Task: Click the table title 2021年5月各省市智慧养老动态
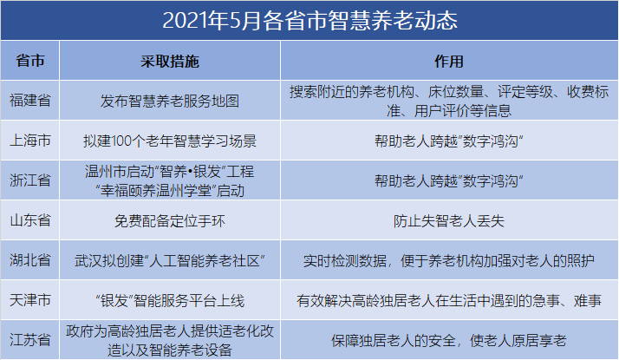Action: (309, 20)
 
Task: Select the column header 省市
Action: (30, 61)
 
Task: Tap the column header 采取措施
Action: (170, 62)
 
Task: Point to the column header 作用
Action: (449, 62)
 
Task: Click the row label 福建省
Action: (30, 101)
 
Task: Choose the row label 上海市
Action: (30, 141)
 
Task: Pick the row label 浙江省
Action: (30, 180)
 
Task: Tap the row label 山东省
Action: (30, 220)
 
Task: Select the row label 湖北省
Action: (30, 260)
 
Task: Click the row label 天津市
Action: (30, 300)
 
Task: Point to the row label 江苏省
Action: (30, 340)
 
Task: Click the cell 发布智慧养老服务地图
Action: (170, 101)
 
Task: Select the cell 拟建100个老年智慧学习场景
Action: (170, 141)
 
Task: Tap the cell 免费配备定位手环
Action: (170, 220)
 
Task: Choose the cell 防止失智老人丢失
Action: (449, 220)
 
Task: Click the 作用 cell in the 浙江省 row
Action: (449, 181)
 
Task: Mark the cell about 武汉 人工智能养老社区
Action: (170, 260)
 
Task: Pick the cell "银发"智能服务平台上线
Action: (170, 300)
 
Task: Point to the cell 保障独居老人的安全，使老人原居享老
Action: (449, 340)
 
